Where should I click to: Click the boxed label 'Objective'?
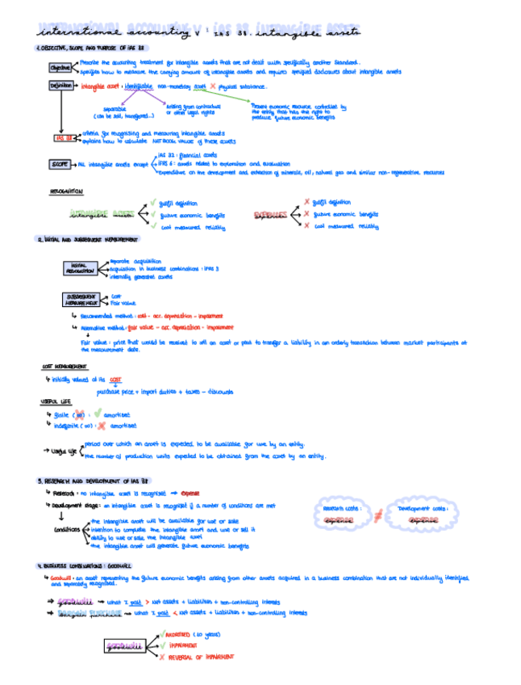60,68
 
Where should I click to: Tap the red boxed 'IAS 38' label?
61,137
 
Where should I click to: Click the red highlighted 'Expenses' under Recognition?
270,215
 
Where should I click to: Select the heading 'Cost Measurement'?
65,367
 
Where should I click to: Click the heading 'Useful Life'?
55,401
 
